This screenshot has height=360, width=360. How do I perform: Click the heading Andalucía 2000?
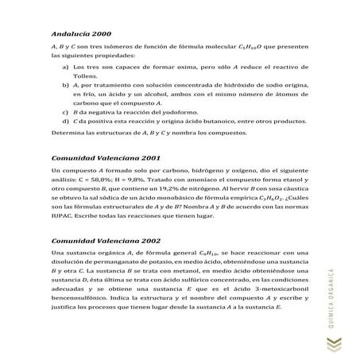point(78,35)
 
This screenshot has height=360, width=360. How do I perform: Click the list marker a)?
point(63,69)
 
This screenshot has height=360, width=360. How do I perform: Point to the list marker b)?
point(63,83)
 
